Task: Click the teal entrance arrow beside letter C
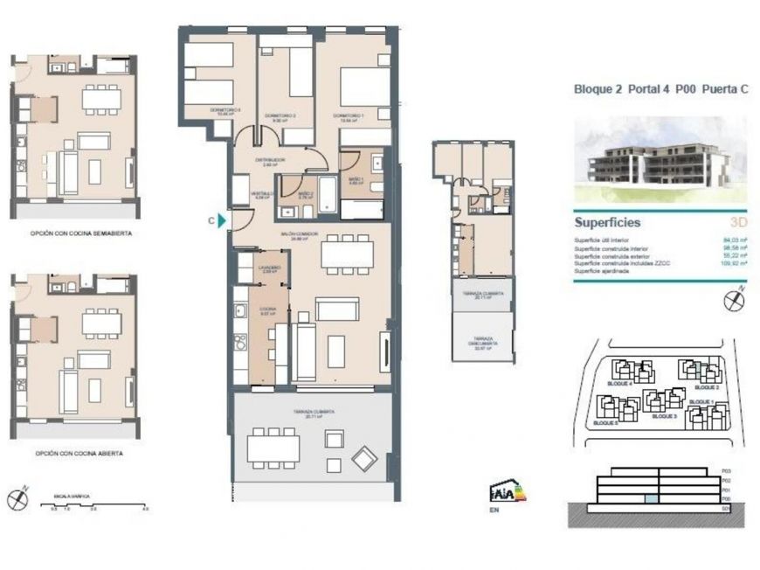coord(224,221)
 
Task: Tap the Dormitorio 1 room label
coord(347,116)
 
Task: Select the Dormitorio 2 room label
coord(284,116)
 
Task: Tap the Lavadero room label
coord(269,269)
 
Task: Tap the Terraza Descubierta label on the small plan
coord(478,339)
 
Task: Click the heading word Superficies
coord(607,223)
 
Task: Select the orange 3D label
coord(738,223)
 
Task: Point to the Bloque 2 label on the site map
coord(706,386)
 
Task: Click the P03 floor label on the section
coord(727,472)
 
